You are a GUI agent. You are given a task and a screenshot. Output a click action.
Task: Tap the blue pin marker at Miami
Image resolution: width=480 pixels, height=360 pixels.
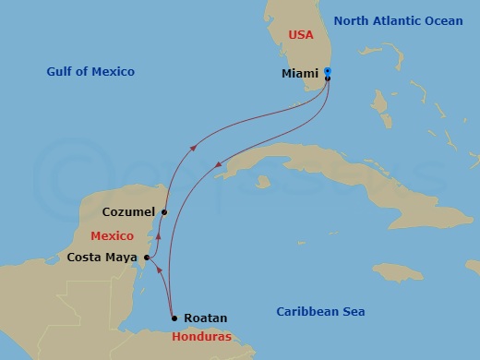tap(328, 73)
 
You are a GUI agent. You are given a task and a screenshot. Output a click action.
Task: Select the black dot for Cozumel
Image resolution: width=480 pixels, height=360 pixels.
tap(163, 212)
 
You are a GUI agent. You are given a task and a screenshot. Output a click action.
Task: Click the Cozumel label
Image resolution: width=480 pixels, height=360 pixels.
tap(128, 212)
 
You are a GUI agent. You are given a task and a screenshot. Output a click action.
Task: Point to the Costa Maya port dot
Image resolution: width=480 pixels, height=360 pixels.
tap(147, 258)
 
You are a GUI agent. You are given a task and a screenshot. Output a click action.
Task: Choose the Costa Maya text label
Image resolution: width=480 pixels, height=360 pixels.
tap(102, 258)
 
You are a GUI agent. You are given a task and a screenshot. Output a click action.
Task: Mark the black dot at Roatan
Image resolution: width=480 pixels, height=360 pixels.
tap(174, 318)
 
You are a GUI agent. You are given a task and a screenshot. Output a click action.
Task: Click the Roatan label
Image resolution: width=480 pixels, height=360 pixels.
tap(204, 318)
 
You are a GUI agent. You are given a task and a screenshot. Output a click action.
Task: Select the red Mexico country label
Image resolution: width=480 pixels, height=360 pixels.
tap(112, 236)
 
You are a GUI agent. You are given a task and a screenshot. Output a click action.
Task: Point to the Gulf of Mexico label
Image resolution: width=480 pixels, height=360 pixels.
tap(90, 72)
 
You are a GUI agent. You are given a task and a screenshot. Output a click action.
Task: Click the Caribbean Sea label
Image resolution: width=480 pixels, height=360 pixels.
tap(320, 312)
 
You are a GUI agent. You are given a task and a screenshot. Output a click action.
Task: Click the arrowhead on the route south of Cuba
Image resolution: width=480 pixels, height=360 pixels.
tap(218, 166)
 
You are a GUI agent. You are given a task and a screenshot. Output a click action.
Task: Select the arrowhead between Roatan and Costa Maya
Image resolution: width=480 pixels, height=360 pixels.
tap(160, 270)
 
